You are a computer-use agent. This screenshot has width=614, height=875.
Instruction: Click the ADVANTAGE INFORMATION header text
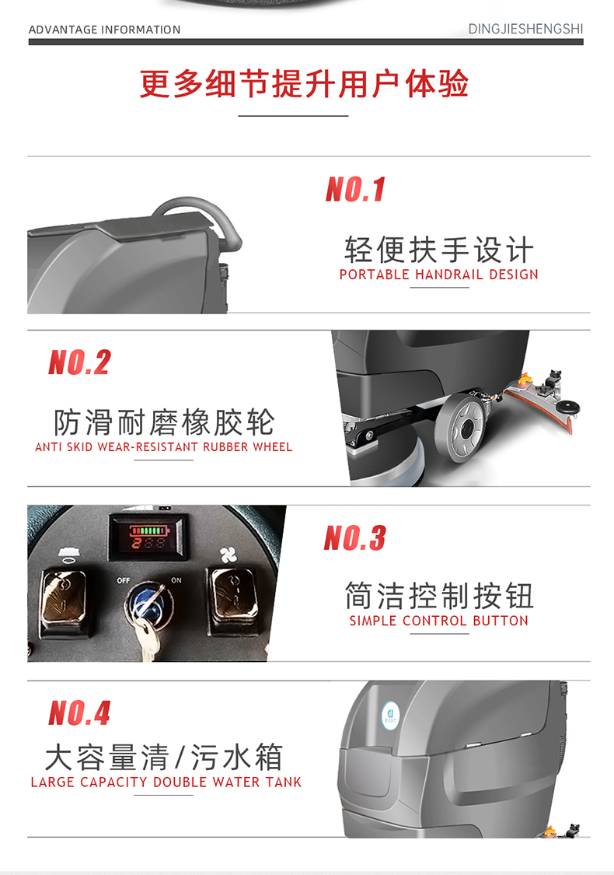tap(105, 30)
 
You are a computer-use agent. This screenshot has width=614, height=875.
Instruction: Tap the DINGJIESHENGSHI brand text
tap(525, 29)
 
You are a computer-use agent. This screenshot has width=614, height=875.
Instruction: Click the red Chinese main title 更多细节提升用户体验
tap(304, 84)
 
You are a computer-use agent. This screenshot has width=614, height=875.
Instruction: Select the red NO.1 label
tap(356, 189)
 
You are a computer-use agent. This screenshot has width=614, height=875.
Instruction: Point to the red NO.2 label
tap(80, 362)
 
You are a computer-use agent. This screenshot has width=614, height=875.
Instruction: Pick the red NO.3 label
tap(354, 538)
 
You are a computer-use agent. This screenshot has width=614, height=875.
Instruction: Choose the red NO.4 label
tap(80, 713)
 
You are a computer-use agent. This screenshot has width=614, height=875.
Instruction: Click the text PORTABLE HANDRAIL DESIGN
tap(439, 275)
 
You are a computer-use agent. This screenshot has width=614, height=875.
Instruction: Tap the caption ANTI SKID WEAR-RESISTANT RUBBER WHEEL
tap(163, 447)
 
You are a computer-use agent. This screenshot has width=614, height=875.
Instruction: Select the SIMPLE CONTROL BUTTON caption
tap(439, 621)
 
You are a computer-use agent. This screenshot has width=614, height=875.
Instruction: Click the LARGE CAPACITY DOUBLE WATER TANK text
tap(166, 782)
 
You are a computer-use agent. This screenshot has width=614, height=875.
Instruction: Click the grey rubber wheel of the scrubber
tap(461, 427)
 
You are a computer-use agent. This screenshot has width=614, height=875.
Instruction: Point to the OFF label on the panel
tap(124, 580)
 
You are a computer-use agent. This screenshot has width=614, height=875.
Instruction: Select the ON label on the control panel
tap(176, 580)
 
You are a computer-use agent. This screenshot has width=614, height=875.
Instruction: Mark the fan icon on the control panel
tap(228, 555)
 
